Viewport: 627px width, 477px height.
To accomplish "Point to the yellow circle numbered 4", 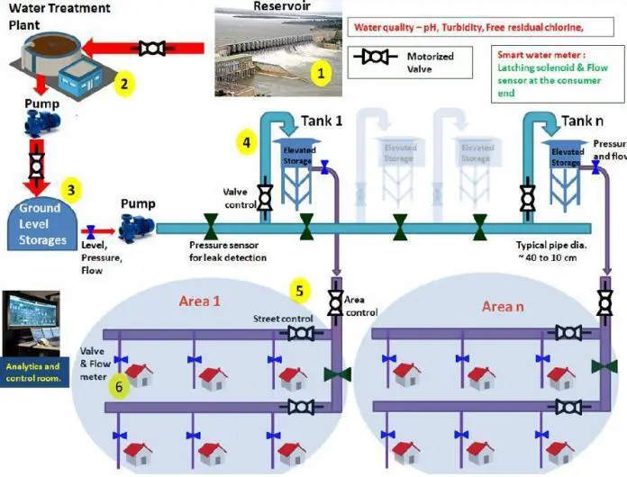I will (245, 141).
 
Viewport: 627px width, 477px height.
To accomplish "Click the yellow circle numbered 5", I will (301, 291).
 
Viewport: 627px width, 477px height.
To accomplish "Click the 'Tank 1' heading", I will (323, 121).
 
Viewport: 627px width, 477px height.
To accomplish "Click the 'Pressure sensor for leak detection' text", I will (227, 251).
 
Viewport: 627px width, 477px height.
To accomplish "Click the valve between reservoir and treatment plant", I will (152, 46).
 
